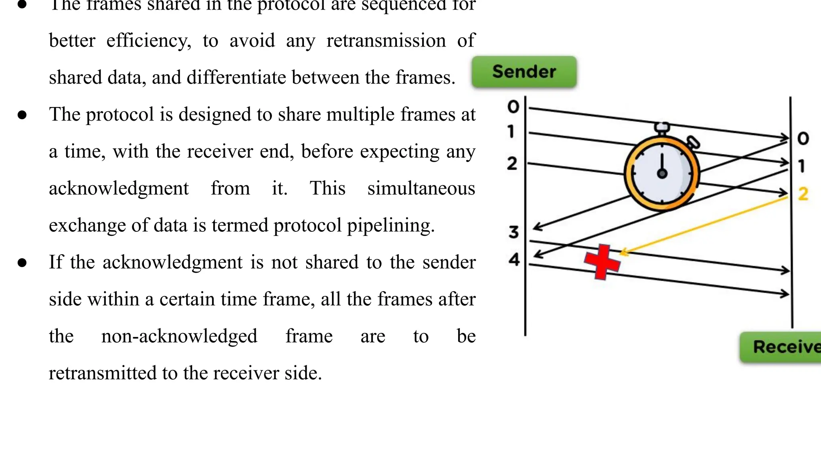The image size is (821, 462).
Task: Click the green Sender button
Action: pyautogui.click(x=524, y=72)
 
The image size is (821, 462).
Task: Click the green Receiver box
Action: pyautogui.click(x=782, y=347)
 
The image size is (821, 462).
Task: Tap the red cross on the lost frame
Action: pyautogui.click(x=602, y=262)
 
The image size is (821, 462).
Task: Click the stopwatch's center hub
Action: pyautogui.click(x=662, y=174)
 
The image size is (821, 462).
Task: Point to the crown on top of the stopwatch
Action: pyautogui.click(x=662, y=128)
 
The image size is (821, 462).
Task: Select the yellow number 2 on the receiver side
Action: pyautogui.click(x=803, y=194)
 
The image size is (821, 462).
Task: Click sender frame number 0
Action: pyautogui.click(x=513, y=107)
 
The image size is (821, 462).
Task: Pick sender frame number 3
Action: pyautogui.click(x=514, y=232)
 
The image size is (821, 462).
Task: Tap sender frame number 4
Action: pyautogui.click(x=514, y=259)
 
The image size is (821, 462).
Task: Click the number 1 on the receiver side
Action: pyautogui.click(x=802, y=166)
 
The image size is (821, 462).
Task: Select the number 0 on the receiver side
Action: pyautogui.click(x=803, y=138)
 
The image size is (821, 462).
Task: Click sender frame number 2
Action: pyautogui.click(x=512, y=163)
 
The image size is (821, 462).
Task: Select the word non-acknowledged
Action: pyautogui.click(x=179, y=336)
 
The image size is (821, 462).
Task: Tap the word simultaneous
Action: pyautogui.click(x=421, y=188)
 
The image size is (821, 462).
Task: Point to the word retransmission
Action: pyautogui.click(x=386, y=41)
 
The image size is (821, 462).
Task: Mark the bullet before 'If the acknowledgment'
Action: pyautogui.click(x=22, y=263)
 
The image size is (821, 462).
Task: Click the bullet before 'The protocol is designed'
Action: pyautogui.click(x=22, y=115)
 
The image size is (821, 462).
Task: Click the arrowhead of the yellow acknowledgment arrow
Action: pyautogui.click(x=623, y=253)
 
